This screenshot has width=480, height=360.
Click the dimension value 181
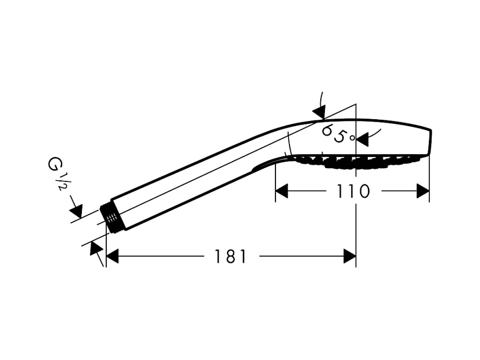pyautogui.click(x=231, y=256)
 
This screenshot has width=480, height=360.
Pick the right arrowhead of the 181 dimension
pyautogui.click(x=349, y=256)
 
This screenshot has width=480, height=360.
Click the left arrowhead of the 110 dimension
pyautogui.click(x=281, y=191)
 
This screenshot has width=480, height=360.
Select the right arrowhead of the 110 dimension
pyautogui.click(x=423, y=191)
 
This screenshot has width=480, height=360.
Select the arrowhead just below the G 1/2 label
pyautogui.click(x=76, y=210)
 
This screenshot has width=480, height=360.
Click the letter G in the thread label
pyautogui.click(x=53, y=164)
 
